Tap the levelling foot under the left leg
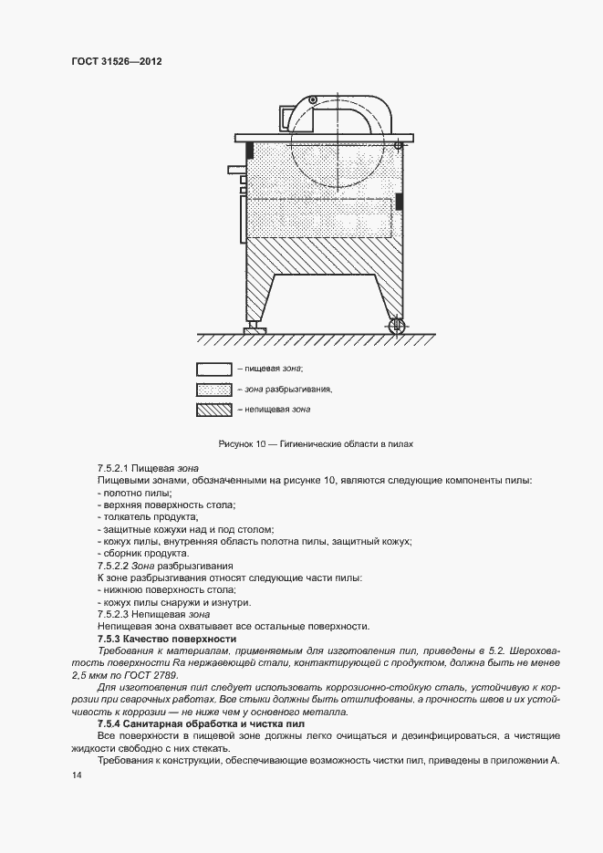point(250,325)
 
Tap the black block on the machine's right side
point(398,201)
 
